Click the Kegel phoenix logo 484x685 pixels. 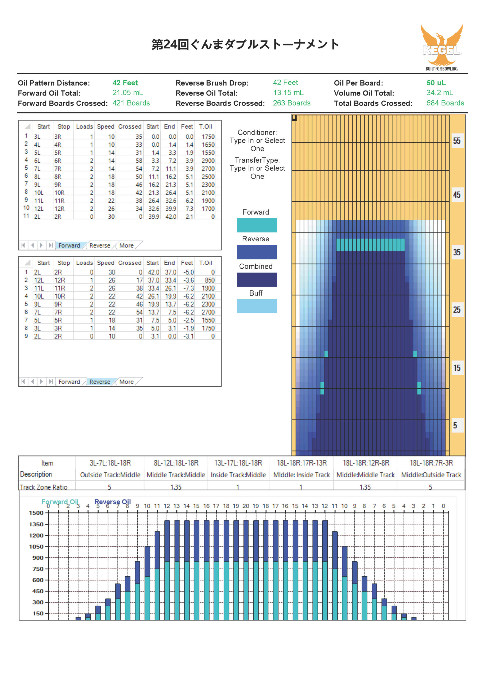[442, 46]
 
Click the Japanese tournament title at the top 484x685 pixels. [245, 44]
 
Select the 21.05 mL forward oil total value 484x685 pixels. [127, 93]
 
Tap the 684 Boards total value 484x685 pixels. [445, 103]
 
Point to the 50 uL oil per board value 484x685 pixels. [436, 83]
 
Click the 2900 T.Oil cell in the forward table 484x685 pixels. [208, 161]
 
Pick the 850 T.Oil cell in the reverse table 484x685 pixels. [210, 280]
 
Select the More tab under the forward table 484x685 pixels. [126, 246]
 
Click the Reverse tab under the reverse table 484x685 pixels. [99, 382]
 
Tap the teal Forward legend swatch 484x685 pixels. [257, 225]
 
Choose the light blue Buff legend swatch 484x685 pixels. [257, 306]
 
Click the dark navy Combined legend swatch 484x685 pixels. [257, 280]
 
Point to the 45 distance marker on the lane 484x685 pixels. [456, 195]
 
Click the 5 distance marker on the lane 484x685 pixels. [455, 425]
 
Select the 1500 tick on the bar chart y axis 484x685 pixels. [36, 513]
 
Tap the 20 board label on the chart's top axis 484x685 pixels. [246, 506]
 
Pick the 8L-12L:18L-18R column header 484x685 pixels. [176, 463]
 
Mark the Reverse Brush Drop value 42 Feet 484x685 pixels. [285, 83]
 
